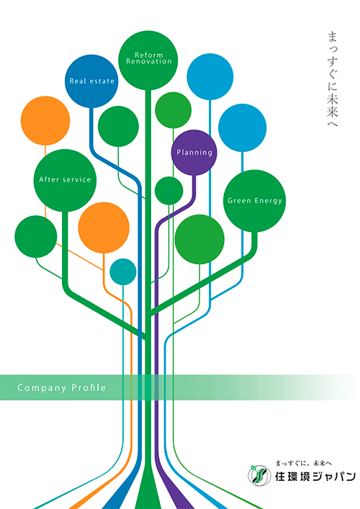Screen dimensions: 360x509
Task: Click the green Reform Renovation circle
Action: click(x=148, y=60)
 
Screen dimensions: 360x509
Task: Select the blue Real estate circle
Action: click(x=91, y=81)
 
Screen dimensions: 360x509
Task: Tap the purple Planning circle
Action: click(x=194, y=153)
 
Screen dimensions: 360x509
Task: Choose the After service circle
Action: click(x=65, y=181)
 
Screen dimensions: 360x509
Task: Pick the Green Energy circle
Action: click(x=254, y=201)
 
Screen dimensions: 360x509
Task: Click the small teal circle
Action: click(x=123, y=271)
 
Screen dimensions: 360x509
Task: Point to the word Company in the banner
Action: click(x=42, y=388)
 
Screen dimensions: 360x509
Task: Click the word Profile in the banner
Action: click(x=89, y=387)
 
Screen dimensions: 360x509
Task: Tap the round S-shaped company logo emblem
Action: click(x=259, y=476)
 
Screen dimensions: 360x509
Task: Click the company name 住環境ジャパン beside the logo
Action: click(x=315, y=477)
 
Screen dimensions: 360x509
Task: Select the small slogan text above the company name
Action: click(x=303, y=463)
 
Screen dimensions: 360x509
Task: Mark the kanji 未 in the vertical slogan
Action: click(x=333, y=99)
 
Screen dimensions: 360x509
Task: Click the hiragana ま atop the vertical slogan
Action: click(x=333, y=37)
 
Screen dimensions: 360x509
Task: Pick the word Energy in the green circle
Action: click(x=269, y=201)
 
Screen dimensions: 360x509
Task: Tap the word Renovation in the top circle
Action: click(x=148, y=61)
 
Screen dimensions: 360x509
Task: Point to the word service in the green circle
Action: click(x=77, y=179)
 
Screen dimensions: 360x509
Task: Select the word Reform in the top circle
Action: click(x=148, y=55)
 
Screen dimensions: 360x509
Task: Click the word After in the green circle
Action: click(x=50, y=179)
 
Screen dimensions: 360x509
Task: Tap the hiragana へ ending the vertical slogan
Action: click(x=333, y=123)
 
